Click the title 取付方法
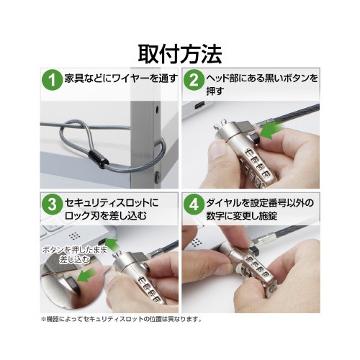(x=180, y=55)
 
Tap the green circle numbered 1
(x=52, y=80)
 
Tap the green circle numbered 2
(x=194, y=80)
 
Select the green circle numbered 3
(x=52, y=204)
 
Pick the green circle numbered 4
(x=194, y=204)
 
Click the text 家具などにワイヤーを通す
(x=121, y=78)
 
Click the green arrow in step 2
(x=271, y=130)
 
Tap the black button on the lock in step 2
(x=254, y=138)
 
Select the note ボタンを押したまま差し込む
(x=75, y=255)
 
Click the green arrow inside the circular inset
(x=86, y=276)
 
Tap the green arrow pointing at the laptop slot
(x=112, y=243)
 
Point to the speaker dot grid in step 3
(x=74, y=236)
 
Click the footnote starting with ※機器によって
(x=122, y=319)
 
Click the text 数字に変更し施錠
(x=242, y=216)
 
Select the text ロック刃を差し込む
(x=106, y=216)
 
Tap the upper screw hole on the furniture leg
(x=157, y=109)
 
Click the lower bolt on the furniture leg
(x=158, y=176)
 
